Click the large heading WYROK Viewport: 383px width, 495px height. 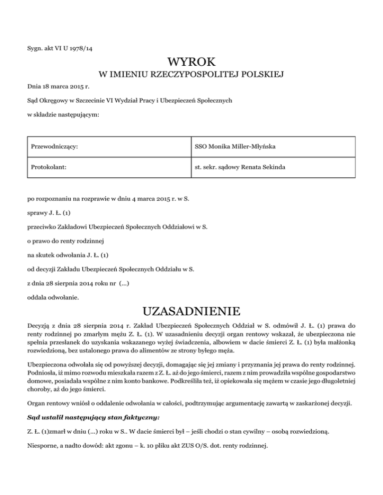tap(191, 63)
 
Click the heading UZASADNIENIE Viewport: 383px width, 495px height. tap(191, 312)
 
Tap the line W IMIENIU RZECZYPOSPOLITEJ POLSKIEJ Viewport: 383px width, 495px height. tap(191, 76)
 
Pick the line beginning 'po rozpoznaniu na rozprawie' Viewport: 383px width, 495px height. tap(108, 199)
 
